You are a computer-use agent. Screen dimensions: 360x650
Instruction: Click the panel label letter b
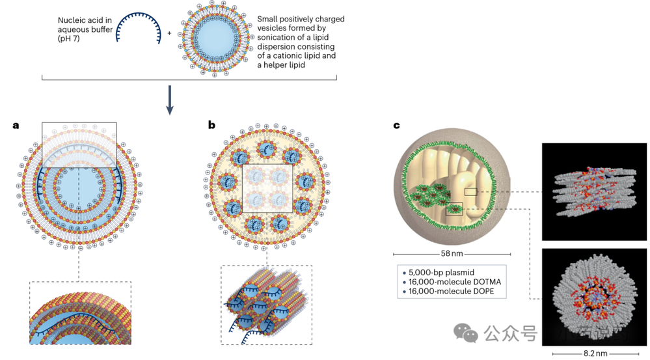[211, 125]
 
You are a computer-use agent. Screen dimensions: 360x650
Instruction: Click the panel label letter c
[396, 125]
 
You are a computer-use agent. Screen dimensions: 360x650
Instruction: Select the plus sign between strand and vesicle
[170, 33]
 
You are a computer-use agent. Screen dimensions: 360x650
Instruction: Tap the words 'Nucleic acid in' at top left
[85, 21]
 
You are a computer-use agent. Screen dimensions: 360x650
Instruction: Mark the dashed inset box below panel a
[80, 312]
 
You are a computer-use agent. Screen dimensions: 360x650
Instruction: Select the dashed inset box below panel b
[266, 304]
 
